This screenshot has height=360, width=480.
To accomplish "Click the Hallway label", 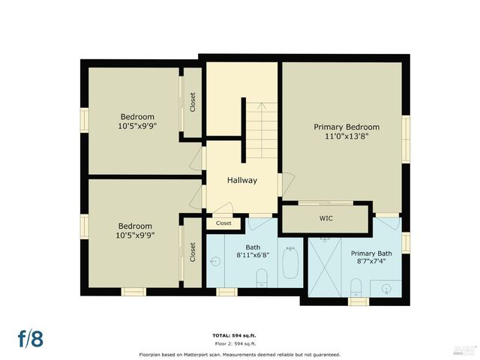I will pyautogui.click(x=242, y=180).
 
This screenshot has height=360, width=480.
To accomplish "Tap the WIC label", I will pyautogui.click(x=325, y=219).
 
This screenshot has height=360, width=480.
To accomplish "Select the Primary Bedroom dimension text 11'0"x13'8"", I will pyautogui.click(x=346, y=136).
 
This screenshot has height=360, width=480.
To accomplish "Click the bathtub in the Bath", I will pyautogui.click(x=289, y=265).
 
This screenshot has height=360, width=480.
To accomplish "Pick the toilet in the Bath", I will pyautogui.click(x=262, y=279).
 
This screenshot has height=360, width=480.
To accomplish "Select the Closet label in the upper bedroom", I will pyautogui.click(x=193, y=103).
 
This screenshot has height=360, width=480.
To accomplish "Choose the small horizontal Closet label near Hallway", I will pyautogui.click(x=223, y=223).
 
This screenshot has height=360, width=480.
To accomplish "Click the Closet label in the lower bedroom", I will pyautogui.click(x=193, y=252).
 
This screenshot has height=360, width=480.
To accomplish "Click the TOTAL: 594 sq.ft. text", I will pyautogui.click(x=239, y=334).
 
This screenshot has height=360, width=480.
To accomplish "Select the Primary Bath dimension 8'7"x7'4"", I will pyautogui.click(x=372, y=262).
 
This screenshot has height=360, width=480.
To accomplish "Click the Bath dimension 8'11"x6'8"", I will pyautogui.click(x=251, y=255).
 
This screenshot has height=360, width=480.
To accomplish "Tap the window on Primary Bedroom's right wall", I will pyautogui.click(x=406, y=139).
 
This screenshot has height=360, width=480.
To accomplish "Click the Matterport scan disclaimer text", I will pyautogui.click(x=239, y=354).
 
